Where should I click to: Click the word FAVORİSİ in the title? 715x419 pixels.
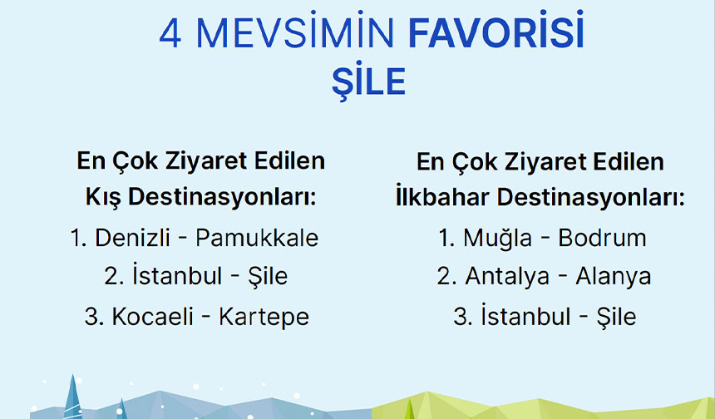point(496,30)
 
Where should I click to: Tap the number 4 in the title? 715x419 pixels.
point(170,34)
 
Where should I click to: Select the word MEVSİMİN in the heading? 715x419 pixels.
point(294,30)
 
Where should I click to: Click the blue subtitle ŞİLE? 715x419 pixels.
point(368,81)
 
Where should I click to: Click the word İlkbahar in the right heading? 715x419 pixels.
point(442,197)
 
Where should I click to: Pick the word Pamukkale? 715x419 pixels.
point(257,238)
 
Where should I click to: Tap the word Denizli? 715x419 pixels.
point(132,238)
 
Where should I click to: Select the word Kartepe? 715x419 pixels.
point(264,318)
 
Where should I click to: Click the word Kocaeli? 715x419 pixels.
point(153,317)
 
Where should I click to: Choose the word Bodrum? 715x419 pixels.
point(602,238)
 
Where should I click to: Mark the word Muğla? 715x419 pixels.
point(497,239)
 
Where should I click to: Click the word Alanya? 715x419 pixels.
point(614,277)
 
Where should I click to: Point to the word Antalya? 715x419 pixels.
point(507,277)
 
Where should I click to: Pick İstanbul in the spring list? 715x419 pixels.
point(525,316)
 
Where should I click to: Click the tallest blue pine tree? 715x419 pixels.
point(72,397)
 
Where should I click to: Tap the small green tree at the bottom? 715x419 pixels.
point(409,410)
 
